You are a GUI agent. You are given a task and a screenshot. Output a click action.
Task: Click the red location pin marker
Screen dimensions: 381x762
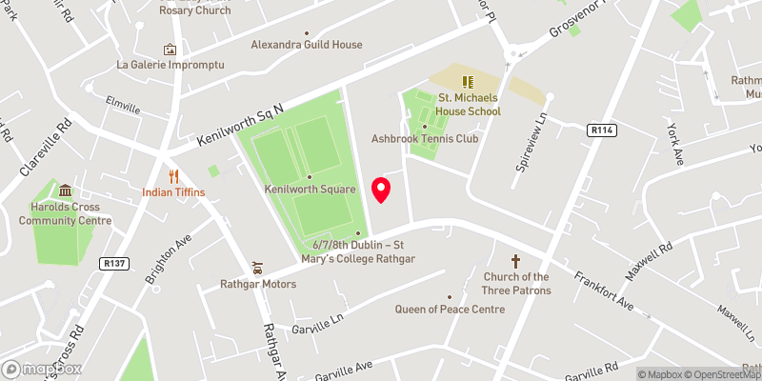(381, 189)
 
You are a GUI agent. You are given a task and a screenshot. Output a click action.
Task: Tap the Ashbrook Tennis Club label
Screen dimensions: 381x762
(425, 139)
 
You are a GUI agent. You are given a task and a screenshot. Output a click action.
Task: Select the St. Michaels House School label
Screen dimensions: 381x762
(469, 105)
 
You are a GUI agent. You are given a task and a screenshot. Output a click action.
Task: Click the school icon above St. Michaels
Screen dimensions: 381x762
(468, 82)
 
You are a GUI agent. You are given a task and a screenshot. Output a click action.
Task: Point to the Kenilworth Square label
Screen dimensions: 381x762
(310, 189)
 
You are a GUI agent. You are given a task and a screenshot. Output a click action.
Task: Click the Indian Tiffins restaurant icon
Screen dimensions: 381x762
(173, 176)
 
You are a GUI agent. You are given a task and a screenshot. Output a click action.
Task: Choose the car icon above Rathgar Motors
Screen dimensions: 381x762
(257, 268)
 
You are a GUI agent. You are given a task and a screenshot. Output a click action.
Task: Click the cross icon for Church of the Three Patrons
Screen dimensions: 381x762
(516, 260)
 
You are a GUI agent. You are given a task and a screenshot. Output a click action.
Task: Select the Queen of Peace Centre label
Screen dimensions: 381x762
(450, 310)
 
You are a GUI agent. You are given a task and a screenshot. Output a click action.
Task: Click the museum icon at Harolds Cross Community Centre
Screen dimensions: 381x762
(66, 190)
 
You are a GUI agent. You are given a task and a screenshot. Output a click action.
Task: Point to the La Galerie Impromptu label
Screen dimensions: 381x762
(170, 65)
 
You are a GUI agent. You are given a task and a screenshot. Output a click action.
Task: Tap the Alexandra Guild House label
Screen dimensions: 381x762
(307, 45)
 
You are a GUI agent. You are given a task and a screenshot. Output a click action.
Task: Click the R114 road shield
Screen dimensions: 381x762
(601, 131)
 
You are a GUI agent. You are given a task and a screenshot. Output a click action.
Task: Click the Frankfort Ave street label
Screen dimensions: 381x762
(604, 290)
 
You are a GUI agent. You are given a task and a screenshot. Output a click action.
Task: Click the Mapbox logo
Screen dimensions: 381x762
(43, 370)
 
